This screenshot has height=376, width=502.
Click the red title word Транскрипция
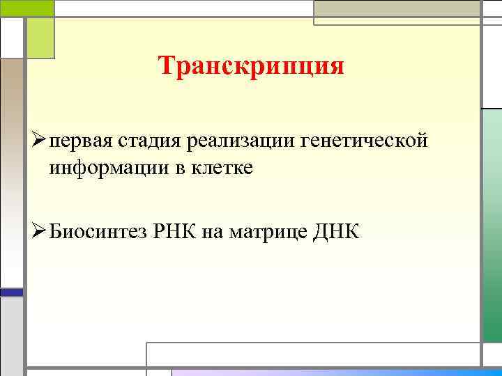251,67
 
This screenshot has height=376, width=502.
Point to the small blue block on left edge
11,292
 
